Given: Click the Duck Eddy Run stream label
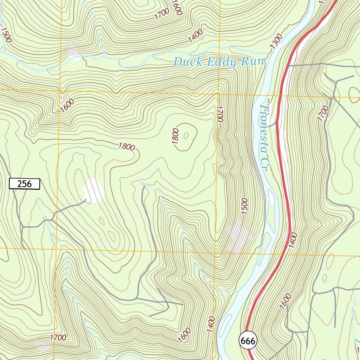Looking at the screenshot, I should point(218,62).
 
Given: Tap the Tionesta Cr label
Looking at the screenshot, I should point(264,137).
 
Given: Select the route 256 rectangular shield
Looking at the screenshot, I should point(24,184).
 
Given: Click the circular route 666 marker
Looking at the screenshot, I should point(248,340).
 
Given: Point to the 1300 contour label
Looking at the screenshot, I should point(277,41).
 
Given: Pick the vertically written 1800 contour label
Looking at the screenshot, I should point(176,136).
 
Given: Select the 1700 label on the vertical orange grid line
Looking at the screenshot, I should point(220,114).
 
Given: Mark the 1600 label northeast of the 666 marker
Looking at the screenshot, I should point(285,301).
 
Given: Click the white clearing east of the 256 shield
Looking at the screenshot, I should point(94,191).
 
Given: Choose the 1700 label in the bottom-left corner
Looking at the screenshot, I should point(58,338).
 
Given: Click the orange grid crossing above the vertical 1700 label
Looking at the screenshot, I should point(218,94).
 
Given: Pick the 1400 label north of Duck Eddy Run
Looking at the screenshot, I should point(195,36).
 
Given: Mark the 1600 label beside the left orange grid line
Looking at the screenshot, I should point(67,105).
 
